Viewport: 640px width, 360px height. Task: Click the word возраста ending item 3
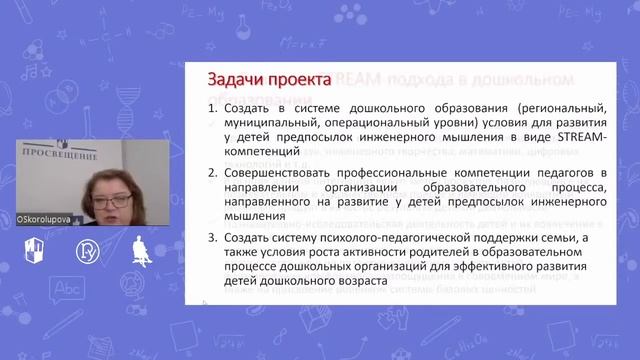353,283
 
